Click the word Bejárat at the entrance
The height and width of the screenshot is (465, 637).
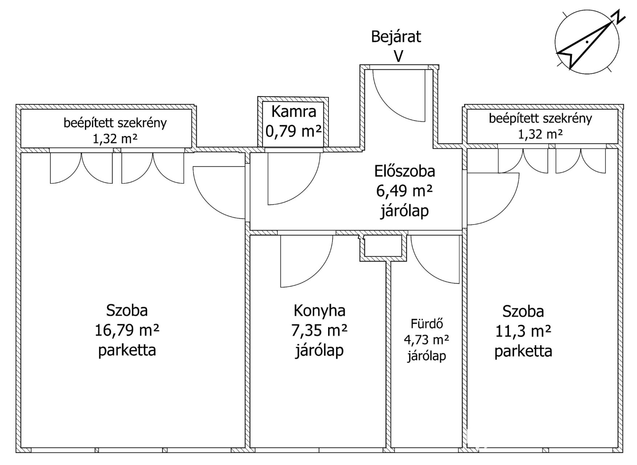coord(396,37)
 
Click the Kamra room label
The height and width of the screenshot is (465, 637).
coord(294,112)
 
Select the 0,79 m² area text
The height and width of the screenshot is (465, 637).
coord(294,131)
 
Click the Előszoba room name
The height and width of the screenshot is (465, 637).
coord(404,171)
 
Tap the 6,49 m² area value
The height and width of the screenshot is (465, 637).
coord(404,191)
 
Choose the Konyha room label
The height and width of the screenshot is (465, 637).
coord(319,311)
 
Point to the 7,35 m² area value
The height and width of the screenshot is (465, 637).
coord(319,331)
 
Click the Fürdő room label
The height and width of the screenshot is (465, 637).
coord(426,323)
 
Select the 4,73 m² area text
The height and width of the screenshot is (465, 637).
coord(426,340)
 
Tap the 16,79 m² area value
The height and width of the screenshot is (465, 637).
coord(127,331)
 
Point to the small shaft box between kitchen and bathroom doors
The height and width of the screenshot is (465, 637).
coord(383,247)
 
